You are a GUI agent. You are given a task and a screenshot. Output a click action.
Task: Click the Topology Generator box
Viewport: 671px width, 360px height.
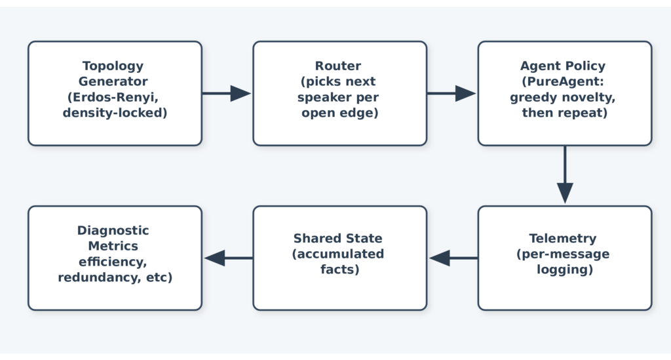(115, 93)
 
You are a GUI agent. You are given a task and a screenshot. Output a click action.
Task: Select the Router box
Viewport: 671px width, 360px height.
(340, 93)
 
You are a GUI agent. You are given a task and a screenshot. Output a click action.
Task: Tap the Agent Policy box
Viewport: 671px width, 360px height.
(565, 93)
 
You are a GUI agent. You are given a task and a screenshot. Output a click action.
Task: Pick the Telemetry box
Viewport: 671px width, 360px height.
(565, 258)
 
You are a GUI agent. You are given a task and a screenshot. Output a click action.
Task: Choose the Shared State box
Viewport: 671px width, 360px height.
(340, 258)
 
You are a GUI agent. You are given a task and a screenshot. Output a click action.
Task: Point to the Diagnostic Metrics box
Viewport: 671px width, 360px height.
(115, 258)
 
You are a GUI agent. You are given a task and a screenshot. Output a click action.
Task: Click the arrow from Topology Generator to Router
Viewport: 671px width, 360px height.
(227, 93)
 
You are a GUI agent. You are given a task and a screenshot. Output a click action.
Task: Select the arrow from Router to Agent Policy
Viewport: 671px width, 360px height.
(452, 93)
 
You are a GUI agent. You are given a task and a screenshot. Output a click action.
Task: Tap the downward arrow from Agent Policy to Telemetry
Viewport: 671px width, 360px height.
(565, 174)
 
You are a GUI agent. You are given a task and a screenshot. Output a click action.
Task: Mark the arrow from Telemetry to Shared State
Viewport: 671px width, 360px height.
(453, 258)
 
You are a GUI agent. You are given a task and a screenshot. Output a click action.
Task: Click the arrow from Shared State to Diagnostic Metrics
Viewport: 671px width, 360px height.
(228, 258)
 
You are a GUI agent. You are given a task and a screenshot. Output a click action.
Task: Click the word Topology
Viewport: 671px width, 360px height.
(113, 66)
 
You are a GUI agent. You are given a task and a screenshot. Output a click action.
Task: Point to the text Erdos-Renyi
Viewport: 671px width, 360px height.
(115, 97)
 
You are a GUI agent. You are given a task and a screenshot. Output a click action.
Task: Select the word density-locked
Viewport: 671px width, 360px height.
(112, 113)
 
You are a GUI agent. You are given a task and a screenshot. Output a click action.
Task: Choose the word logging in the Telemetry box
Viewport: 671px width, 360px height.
(562, 270)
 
